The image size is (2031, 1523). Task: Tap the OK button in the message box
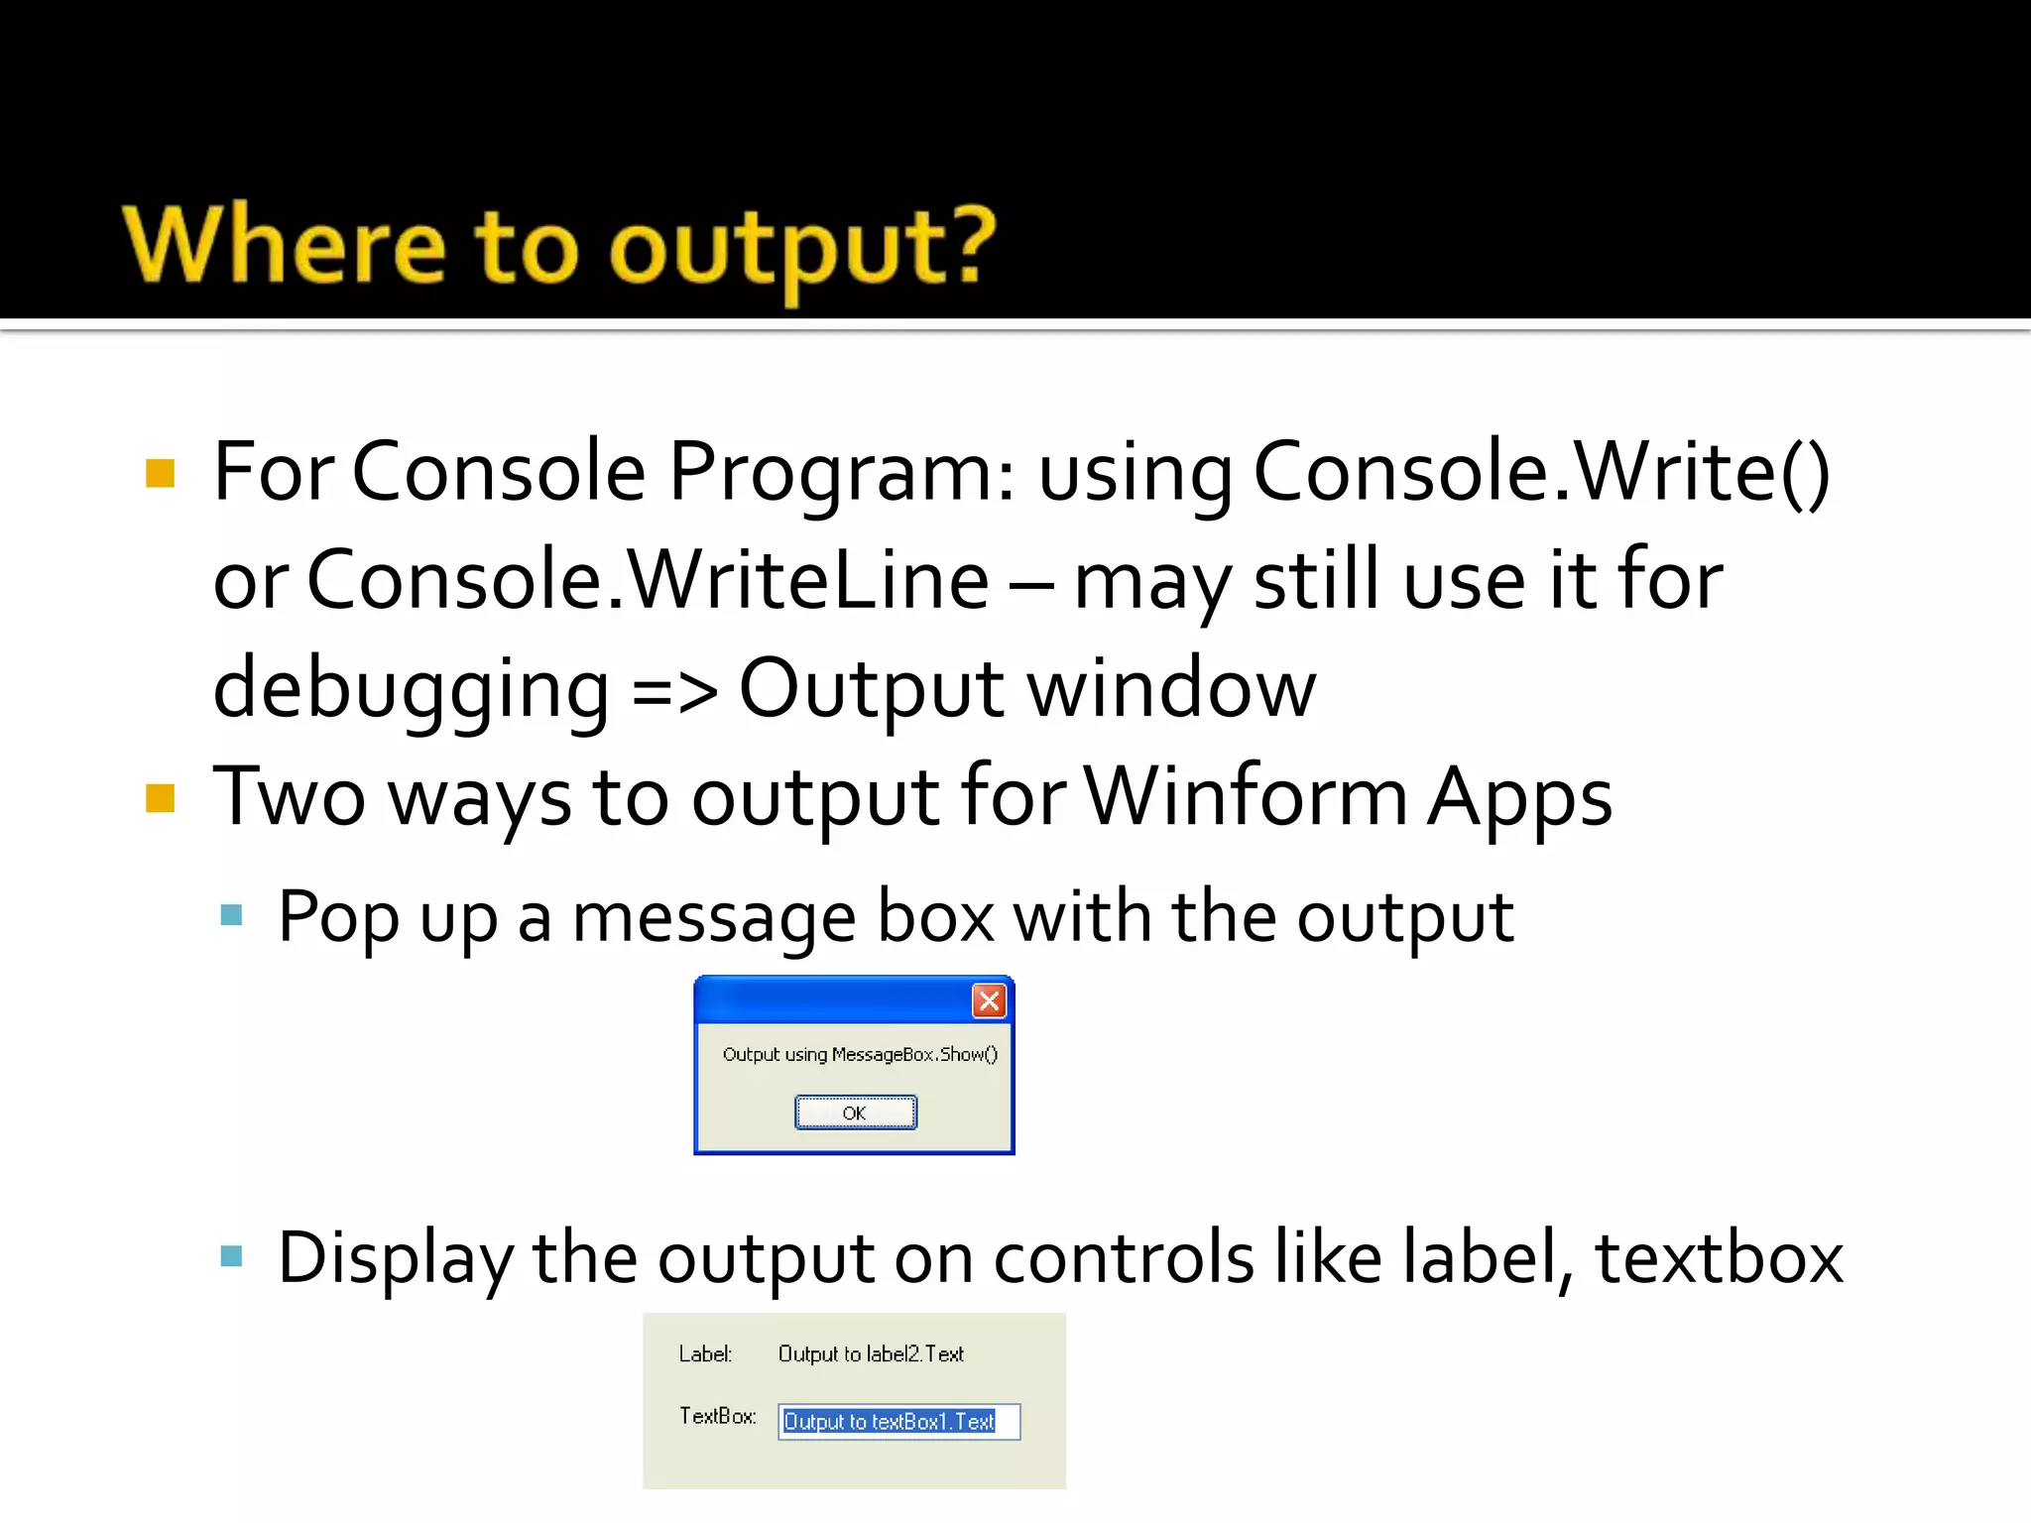pos(855,1113)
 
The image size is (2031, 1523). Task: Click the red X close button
pos(989,1000)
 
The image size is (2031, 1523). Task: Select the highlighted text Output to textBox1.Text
pos(889,1422)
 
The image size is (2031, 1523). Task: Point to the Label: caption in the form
pos(705,1354)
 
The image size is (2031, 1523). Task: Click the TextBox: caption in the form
pos(717,1416)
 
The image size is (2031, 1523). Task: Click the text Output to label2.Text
pos(871,1354)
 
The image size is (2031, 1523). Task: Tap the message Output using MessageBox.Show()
pos(860,1054)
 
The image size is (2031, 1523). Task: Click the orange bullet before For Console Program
pos(160,474)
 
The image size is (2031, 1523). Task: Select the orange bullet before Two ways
pos(160,798)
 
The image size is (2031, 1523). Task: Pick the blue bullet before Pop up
pos(232,914)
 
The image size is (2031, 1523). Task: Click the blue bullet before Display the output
pos(232,1256)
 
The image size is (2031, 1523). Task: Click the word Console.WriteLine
pos(647,580)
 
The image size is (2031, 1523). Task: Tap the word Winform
pos(1245,796)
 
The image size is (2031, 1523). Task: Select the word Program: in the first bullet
pos(842,472)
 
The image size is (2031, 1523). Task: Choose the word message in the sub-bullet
pos(714,917)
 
